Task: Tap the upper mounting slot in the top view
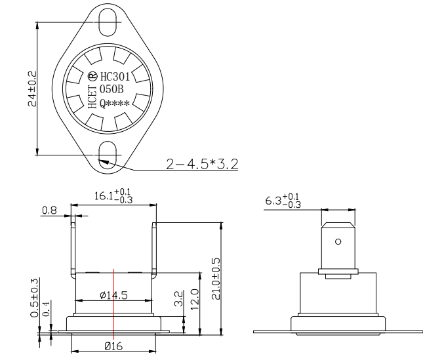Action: click(107, 17)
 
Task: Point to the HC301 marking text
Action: click(117, 75)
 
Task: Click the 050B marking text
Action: click(111, 89)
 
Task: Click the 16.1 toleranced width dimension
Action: click(113, 196)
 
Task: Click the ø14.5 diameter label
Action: click(113, 295)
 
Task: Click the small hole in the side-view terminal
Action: click(338, 241)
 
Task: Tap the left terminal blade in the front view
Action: click(74, 249)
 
